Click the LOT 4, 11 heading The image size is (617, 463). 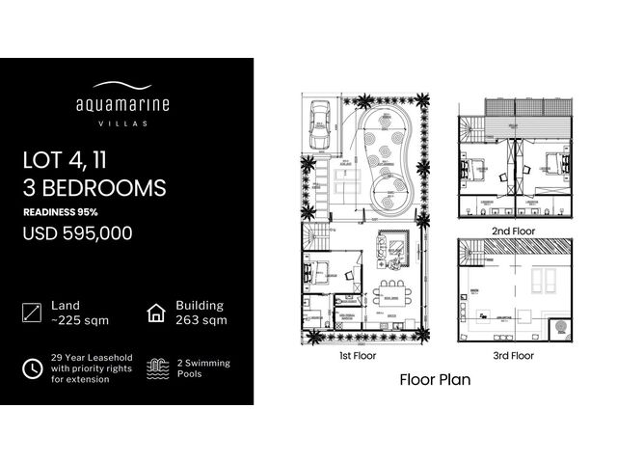click(64, 160)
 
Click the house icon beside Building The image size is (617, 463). click(155, 313)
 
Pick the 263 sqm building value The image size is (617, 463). click(201, 320)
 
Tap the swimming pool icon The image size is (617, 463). click(155, 368)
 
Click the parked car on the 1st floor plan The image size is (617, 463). click(317, 126)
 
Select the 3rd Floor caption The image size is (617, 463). click(514, 356)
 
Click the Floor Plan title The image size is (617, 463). click(435, 380)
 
